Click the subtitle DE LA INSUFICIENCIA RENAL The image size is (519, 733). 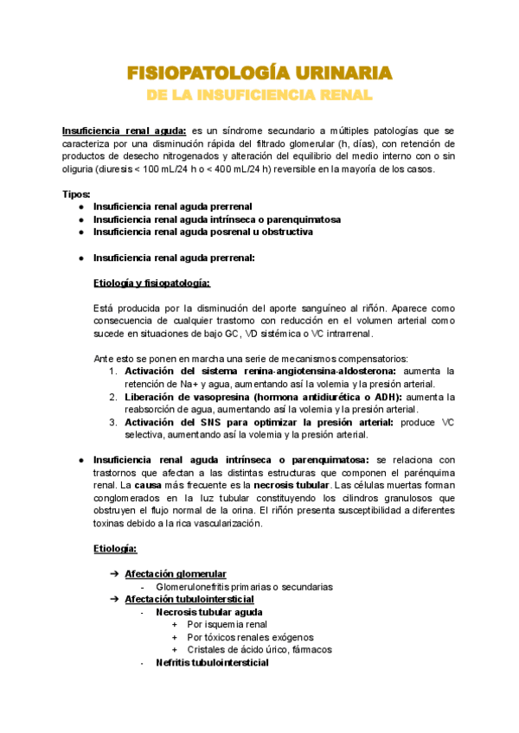pos(259,93)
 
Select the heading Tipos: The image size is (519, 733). pos(77,194)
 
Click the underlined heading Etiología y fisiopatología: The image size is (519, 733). pos(151,282)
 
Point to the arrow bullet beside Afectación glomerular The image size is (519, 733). pos(113,574)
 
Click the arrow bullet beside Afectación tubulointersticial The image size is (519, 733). pos(113,599)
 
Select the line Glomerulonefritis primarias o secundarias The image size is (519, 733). pos(244,587)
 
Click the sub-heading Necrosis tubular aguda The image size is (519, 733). pos(209,612)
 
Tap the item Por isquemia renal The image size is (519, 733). pos(227,624)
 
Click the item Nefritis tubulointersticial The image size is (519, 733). pos(212,663)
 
